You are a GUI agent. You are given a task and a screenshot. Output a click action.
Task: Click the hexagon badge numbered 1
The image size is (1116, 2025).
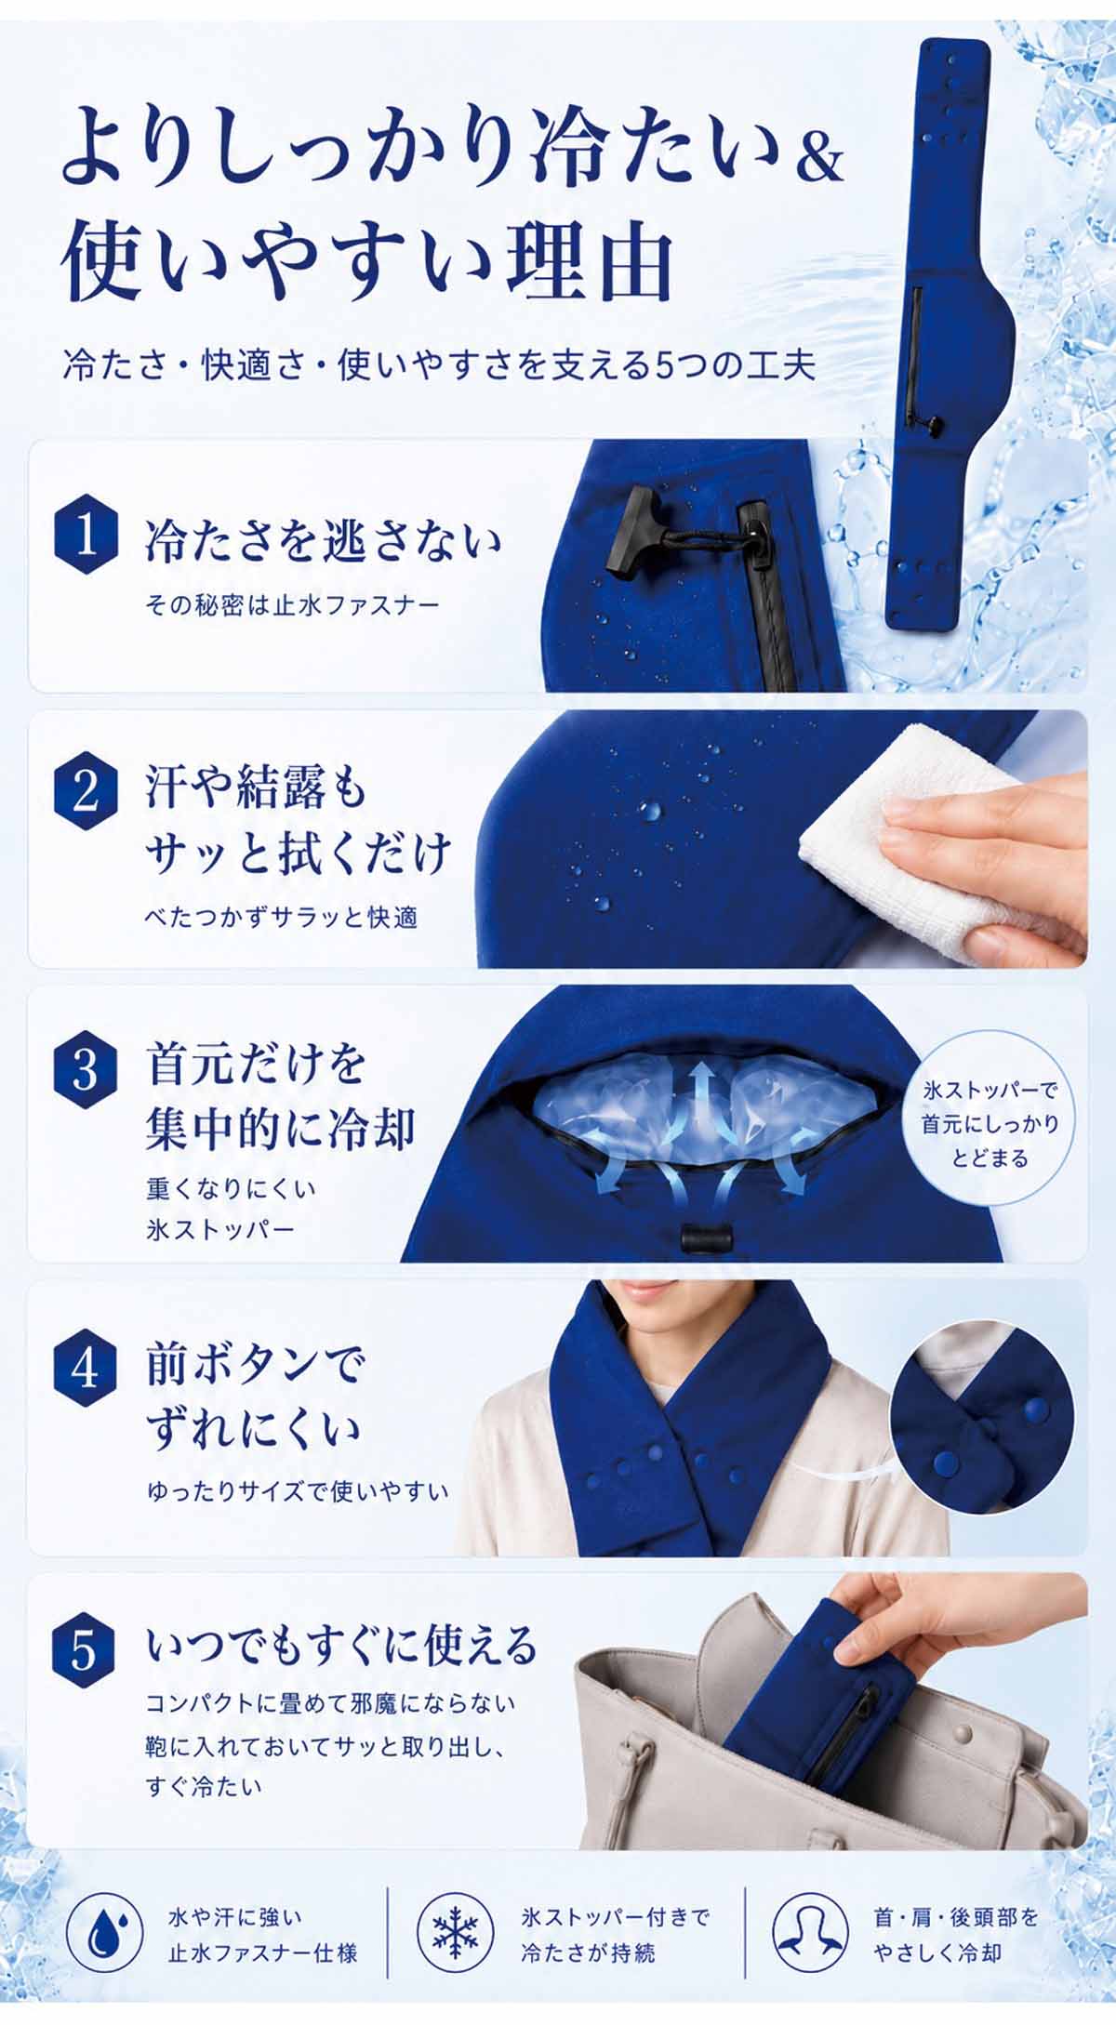coord(86,537)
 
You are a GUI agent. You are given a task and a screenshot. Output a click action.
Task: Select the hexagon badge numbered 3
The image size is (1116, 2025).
coord(86,1069)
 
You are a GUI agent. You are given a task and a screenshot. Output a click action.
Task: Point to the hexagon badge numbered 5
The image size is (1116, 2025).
coord(86,1651)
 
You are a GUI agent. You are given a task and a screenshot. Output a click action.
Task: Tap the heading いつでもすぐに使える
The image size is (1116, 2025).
coord(342,1645)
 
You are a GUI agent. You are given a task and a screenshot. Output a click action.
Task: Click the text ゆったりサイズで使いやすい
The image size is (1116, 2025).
coord(298,1492)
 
